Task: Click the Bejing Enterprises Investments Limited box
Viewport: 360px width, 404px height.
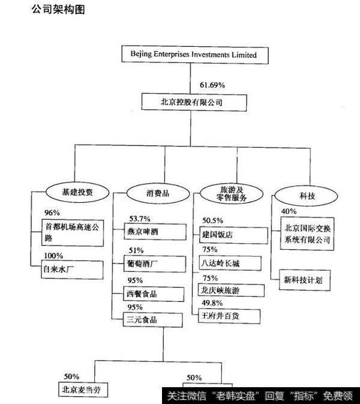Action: click(x=193, y=55)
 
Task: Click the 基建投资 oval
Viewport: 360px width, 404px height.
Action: click(x=79, y=193)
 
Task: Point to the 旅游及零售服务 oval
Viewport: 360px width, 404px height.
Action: click(x=230, y=193)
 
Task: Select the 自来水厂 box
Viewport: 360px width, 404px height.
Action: click(x=64, y=270)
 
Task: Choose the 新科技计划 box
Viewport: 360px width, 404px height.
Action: click(x=307, y=279)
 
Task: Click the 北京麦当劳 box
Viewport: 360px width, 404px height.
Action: click(x=84, y=389)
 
